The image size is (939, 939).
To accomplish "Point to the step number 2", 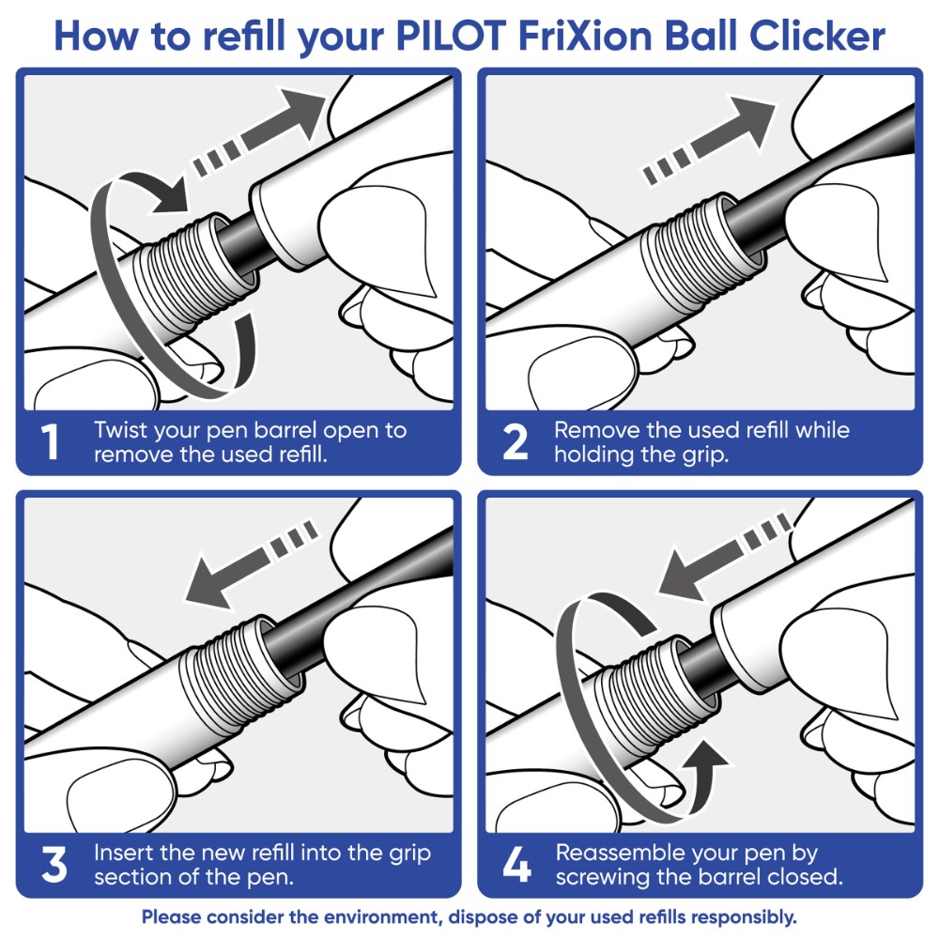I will [x=515, y=442].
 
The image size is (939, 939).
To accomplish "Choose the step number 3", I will [x=54, y=865].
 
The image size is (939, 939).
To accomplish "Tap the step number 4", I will [x=515, y=865].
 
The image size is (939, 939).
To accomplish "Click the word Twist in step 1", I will [x=120, y=431].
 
